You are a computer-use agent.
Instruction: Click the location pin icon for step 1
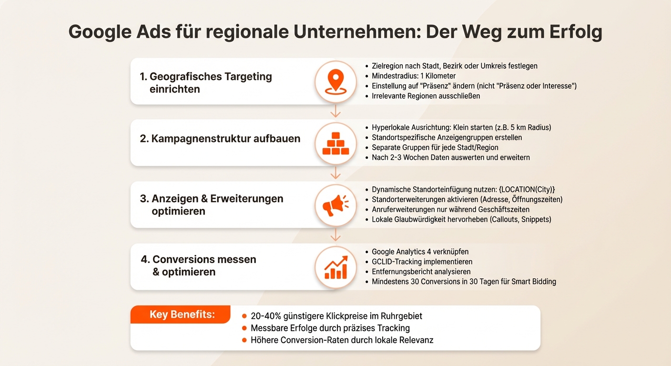pyautogui.click(x=335, y=81)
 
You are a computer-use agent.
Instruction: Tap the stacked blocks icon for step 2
pyautogui.click(x=335, y=143)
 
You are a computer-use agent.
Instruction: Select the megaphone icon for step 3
pyautogui.click(x=335, y=205)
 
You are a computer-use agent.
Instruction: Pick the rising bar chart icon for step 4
pyautogui.click(x=335, y=267)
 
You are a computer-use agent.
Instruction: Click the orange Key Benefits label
pyautogui.click(x=182, y=315)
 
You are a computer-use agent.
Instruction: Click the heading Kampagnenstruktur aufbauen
pyautogui.click(x=220, y=139)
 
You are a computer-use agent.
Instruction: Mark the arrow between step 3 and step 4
pyautogui.click(x=335, y=235)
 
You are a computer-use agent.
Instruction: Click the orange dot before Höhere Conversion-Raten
pyautogui.click(x=244, y=340)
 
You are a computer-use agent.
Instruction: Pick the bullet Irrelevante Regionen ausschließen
pyautogui.click(x=426, y=96)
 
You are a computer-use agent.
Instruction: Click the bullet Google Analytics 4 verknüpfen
pyautogui.click(x=420, y=252)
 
